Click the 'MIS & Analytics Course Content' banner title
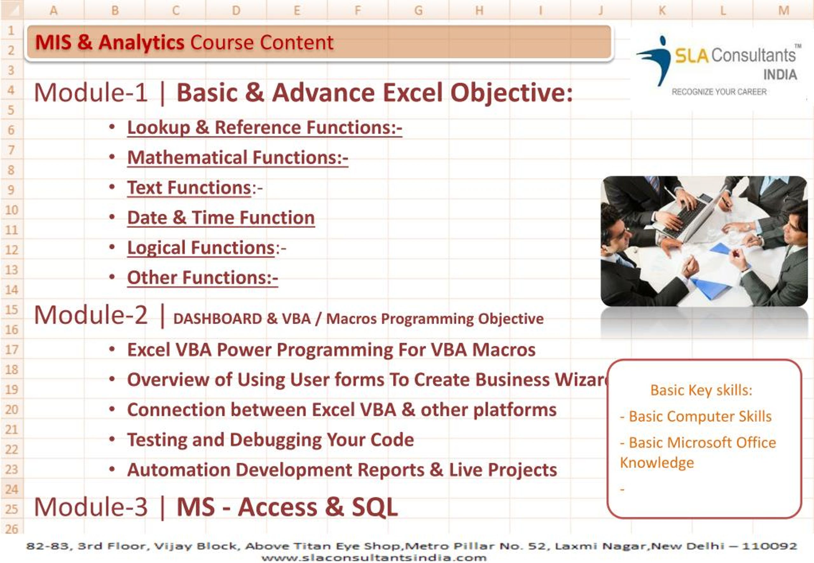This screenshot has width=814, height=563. point(184,43)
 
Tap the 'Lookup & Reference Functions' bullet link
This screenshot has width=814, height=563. point(265,127)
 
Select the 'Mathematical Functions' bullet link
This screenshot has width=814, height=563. point(238,157)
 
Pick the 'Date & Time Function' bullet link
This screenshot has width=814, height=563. point(221,217)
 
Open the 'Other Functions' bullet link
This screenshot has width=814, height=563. point(203,278)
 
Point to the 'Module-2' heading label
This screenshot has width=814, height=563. point(91,315)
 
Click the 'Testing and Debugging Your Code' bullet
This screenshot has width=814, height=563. point(270,440)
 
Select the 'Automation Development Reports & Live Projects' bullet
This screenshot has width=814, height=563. point(342,470)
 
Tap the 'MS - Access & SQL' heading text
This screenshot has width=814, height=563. point(287,507)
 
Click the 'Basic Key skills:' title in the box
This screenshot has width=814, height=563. point(701,390)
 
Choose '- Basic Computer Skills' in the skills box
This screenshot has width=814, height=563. point(695,417)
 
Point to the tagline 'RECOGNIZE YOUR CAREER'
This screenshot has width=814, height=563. point(719,92)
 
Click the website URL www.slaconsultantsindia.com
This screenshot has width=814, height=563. point(374,558)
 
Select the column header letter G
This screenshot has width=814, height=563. point(418,10)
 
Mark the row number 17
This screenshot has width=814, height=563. point(12,349)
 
